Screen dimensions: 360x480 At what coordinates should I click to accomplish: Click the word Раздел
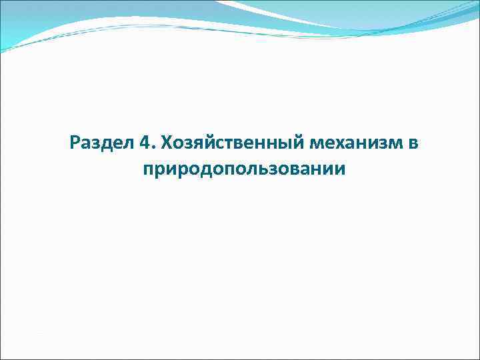101,143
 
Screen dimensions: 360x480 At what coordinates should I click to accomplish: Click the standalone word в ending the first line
413,143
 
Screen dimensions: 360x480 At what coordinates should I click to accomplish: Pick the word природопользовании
244,169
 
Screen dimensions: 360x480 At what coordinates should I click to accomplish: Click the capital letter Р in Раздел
75,143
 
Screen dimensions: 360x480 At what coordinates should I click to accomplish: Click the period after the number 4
153,147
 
